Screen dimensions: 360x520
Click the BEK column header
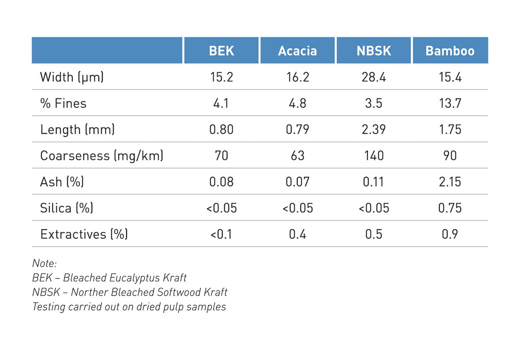221,51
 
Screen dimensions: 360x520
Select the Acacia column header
297,51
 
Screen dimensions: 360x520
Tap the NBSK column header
374,51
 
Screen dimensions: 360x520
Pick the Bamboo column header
450,51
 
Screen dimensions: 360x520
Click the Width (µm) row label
72,77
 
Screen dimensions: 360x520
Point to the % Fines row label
63,104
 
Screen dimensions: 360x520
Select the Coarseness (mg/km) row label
102,156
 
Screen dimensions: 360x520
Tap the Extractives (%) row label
84,234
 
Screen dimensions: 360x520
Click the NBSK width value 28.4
374,77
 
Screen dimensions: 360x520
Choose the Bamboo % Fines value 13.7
450,104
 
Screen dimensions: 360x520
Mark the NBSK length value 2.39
374,130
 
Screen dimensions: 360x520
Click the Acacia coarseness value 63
297,156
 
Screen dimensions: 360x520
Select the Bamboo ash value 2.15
450,182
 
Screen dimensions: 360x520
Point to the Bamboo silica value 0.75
450,208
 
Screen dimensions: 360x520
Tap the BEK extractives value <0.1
221,234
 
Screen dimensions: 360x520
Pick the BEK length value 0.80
221,130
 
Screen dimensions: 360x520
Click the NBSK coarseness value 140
374,156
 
